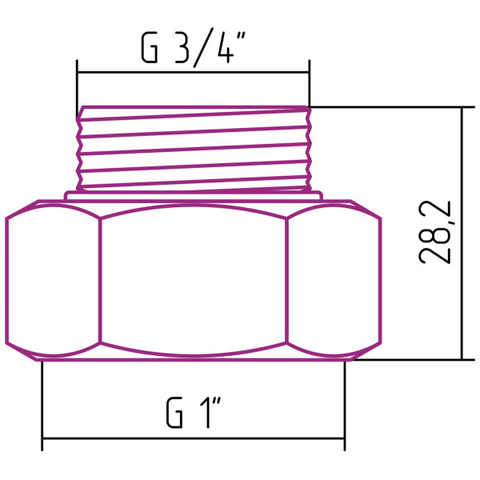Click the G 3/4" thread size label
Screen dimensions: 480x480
[192, 48]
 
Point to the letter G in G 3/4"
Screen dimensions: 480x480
[150, 49]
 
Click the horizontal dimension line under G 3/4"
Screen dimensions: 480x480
[192, 72]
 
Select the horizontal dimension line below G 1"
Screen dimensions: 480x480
[193, 438]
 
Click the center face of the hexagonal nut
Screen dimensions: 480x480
[193, 280]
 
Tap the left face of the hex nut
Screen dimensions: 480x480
[53, 280]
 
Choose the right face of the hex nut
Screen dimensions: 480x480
[332, 280]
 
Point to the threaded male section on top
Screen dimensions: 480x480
[193, 148]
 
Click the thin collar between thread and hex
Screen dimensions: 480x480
[193, 194]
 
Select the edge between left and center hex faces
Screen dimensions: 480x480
[100, 280]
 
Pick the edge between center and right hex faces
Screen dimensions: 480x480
[286, 280]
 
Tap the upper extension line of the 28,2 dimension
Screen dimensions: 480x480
[384, 107]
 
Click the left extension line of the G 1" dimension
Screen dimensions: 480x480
[42, 400]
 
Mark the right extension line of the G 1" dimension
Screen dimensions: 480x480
[345, 400]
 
